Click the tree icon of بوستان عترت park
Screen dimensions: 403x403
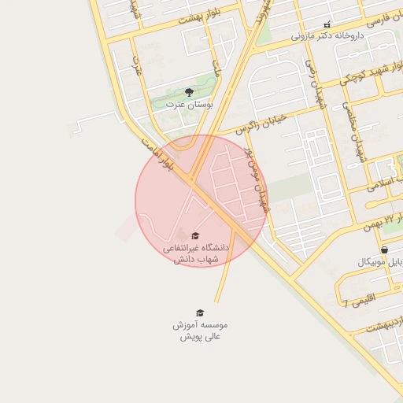[x=187, y=93]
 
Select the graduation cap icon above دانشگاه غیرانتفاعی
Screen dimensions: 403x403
[x=195, y=235]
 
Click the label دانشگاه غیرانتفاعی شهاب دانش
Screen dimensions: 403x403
[x=195, y=253]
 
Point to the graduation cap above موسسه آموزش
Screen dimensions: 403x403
[x=199, y=312]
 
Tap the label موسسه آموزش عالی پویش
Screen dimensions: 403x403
[x=200, y=330]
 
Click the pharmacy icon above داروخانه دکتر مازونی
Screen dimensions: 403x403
[x=327, y=24]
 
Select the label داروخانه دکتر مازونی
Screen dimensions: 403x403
[x=326, y=35]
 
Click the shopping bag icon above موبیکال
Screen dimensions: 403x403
[x=383, y=250]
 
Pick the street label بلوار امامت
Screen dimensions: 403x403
[x=156, y=153]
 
